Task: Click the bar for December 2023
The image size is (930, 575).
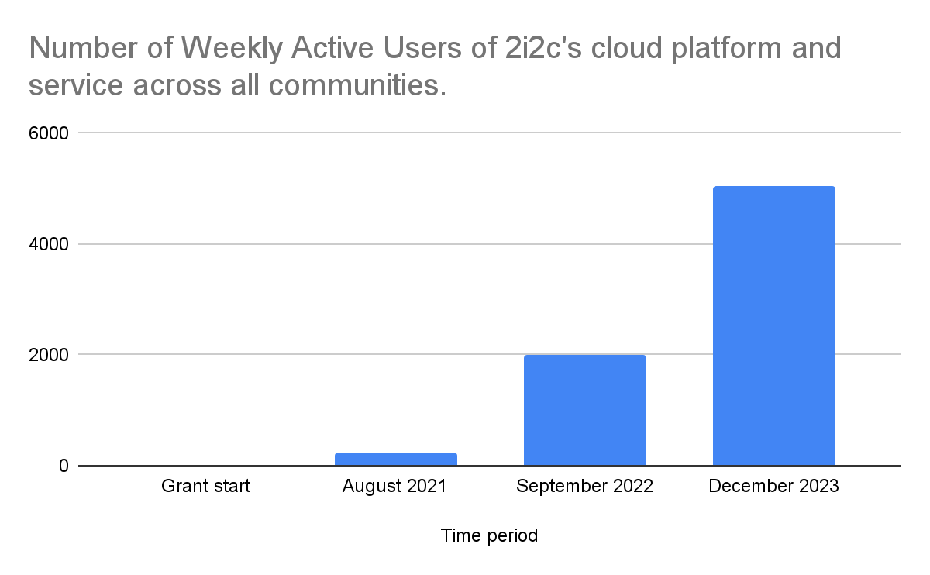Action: pos(773,325)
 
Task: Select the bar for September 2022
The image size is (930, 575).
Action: pos(584,410)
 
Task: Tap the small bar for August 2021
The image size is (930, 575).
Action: pos(395,459)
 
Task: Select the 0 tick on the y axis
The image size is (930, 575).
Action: pos(64,466)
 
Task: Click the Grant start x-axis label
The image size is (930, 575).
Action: pos(205,487)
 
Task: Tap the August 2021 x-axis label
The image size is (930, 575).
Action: pos(394,487)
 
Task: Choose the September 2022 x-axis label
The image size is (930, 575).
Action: pos(584,487)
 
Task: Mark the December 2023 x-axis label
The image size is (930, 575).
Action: pos(773,487)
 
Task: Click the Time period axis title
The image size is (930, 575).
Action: pos(489,535)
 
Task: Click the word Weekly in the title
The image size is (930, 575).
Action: pos(226,49)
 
